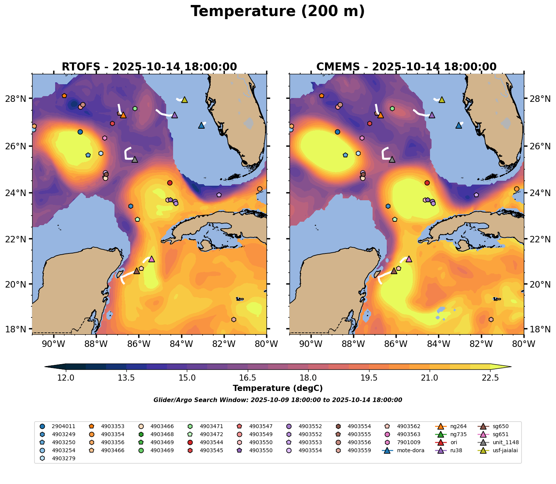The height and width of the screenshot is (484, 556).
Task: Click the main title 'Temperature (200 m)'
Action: tap(278, 11)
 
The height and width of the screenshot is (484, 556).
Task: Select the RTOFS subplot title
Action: tap(149, 67)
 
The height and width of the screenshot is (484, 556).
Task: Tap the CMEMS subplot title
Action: tap(406, 67)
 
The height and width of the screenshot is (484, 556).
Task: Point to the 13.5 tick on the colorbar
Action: tap(126, 378)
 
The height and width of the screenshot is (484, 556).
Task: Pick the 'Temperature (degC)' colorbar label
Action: tap(278, 388)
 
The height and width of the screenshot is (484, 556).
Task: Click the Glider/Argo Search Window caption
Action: tap(278, 400)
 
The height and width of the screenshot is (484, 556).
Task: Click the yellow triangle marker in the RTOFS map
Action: tap(185, 100)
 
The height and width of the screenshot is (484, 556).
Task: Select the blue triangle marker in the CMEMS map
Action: tap(459, 125)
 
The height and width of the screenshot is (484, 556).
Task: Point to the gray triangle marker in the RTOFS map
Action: tap(135, 159)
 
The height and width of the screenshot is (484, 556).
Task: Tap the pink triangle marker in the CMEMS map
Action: tap(409, 259)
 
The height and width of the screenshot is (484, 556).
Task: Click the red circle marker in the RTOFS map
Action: tap(170, 183)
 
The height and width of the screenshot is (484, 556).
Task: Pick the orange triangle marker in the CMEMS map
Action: tap(380, 114)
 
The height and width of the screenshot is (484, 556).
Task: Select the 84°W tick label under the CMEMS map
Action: tap(438, 344)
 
